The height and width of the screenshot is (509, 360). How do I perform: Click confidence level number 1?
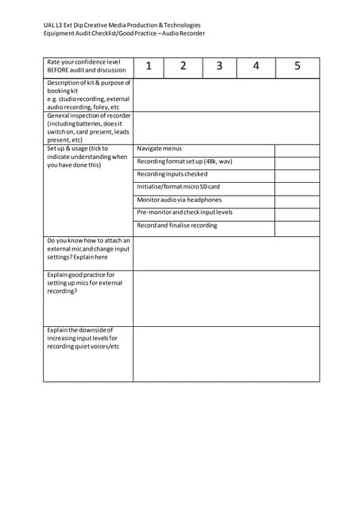coord(149,67)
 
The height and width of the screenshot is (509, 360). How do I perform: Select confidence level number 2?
coord(183,67)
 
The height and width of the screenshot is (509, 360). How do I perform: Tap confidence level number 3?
coord(219,67)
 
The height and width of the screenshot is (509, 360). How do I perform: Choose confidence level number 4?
coord(256,67)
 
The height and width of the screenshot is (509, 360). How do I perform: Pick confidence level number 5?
coord(297,67)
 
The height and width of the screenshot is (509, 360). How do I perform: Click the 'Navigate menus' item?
coord(160,149)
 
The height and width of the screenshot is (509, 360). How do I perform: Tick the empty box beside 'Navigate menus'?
coord(297,150)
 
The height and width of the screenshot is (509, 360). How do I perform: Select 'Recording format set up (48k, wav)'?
coord(184,161)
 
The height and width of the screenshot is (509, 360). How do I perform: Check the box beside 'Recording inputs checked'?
coord(297,174)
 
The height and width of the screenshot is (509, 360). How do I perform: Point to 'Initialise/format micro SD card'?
coord(178,187)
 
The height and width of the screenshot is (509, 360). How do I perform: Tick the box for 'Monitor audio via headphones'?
coord(297,200)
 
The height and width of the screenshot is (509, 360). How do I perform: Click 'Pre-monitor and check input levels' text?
coord(185,212)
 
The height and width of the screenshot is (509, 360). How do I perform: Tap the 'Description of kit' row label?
coord(88,83)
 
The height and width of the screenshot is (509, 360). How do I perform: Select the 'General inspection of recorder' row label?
coord(88,116)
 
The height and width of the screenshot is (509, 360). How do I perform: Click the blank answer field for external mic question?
coord(226,253)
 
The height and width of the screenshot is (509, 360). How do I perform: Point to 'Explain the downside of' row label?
coord(80,329)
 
